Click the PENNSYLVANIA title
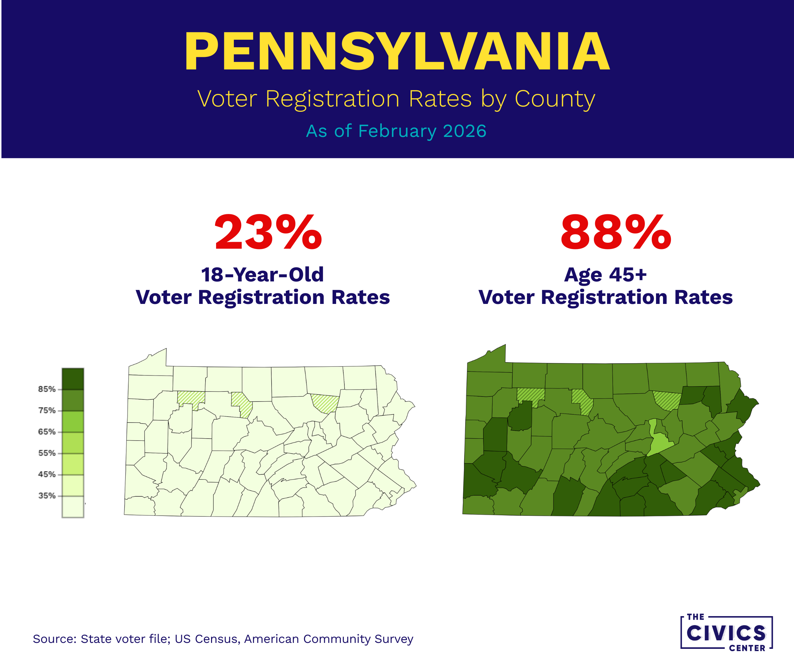[397, 52]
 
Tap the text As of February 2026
[396, 131]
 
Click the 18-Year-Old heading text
[262, 275]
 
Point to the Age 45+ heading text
[605, 275]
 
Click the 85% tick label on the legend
[47, 389]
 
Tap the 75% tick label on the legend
[47, 411]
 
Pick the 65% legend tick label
[47, 432]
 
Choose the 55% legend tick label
[47, 453]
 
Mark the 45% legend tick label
[47, 475]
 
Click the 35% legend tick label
[47, 496]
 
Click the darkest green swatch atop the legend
[73, 379]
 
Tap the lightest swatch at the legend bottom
[73, 507]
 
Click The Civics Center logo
[726, 633]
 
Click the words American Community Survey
[329, 639]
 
